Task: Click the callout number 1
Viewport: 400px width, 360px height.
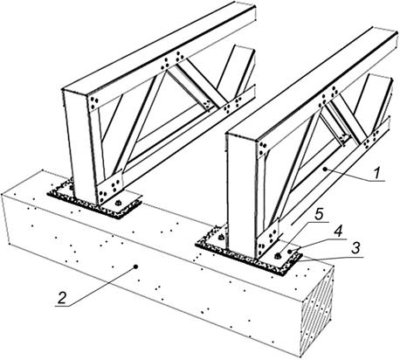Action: coord(376,174)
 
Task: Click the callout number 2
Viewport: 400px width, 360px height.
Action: coord(61,298)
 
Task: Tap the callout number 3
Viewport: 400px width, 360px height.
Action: coord(355,248)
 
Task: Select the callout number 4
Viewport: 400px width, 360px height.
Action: coord(337,232)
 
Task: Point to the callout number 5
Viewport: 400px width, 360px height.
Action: coord(320,215)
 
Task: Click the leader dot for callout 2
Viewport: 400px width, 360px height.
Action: coord(135,267)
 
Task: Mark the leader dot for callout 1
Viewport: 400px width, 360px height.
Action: coord(326,169)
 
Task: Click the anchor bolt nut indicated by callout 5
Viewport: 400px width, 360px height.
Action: coord(278,256)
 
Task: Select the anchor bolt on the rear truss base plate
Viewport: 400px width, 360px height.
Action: coord(118,203)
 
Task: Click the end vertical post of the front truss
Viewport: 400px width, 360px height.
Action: coord(242,194)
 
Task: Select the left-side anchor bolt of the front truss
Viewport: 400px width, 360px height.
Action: coord(220,237)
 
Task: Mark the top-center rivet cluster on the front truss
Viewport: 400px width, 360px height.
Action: coord(328,97)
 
